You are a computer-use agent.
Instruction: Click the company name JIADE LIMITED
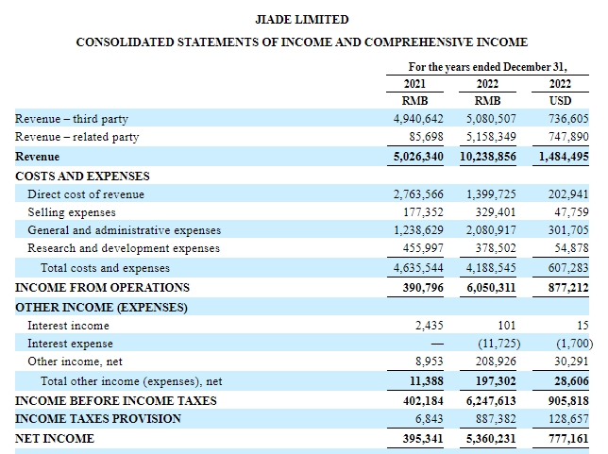(302, 20)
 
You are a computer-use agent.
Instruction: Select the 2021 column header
(414, 84)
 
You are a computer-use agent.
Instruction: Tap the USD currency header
(560, 101)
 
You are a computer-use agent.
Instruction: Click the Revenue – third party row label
(72, 119)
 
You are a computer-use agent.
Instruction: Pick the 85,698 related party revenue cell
(426, 137)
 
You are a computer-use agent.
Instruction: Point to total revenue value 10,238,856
(487, 157)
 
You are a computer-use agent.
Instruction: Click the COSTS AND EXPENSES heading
(82, 176)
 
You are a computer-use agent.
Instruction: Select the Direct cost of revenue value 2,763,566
(418, 193)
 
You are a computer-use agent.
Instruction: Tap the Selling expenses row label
(72, 212)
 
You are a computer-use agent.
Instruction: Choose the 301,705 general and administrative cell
(568, 230)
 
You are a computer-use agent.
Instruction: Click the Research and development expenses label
(124, 248)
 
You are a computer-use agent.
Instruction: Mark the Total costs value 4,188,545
(491, 268)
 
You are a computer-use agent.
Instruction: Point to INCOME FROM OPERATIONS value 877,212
(568, 288)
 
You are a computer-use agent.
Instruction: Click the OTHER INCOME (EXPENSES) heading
(101, 308)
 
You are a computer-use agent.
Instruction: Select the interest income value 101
(506, 326)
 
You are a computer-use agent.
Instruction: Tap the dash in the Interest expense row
(437, 344)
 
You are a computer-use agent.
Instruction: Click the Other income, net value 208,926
(496, 362)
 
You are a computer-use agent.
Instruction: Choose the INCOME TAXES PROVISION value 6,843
(429, 419)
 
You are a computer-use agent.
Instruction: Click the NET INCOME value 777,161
(568, 439)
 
